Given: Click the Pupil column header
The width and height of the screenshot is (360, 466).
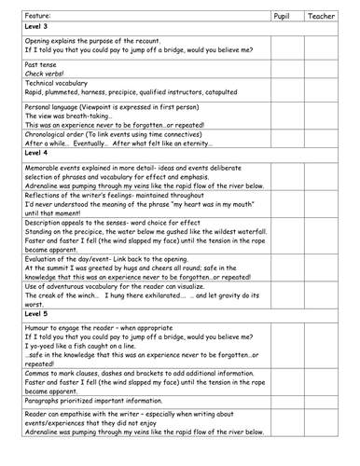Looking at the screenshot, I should [x=284, y=17].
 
